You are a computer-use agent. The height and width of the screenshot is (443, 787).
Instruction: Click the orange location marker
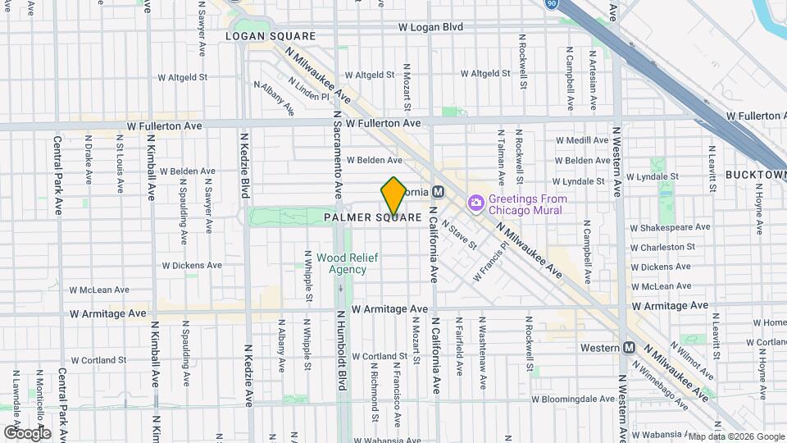[393, 196]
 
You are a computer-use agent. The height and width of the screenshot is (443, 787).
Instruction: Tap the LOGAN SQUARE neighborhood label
[271, 36]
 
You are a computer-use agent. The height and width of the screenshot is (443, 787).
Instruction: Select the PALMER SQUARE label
[372, 217]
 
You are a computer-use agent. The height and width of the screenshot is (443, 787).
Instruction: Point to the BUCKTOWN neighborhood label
[755, 176]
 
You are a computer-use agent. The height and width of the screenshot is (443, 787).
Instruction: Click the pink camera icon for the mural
[475, 203]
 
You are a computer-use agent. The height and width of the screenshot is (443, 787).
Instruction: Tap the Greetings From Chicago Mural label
[525, 204]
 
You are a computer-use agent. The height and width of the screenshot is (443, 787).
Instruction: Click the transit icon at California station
[439, 191]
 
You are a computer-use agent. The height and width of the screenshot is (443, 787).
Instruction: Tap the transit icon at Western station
[630, 348]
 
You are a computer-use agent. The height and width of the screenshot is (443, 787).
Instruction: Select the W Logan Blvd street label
[430, 27]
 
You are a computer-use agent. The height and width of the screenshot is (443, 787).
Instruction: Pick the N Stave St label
[458, 231]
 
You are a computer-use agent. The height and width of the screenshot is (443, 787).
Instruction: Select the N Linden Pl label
[307, 90]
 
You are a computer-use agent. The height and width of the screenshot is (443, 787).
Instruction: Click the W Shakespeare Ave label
[669, 227]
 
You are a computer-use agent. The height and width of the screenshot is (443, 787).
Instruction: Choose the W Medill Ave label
[581, 140]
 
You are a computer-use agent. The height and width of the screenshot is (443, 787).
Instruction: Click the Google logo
[27, 432]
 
